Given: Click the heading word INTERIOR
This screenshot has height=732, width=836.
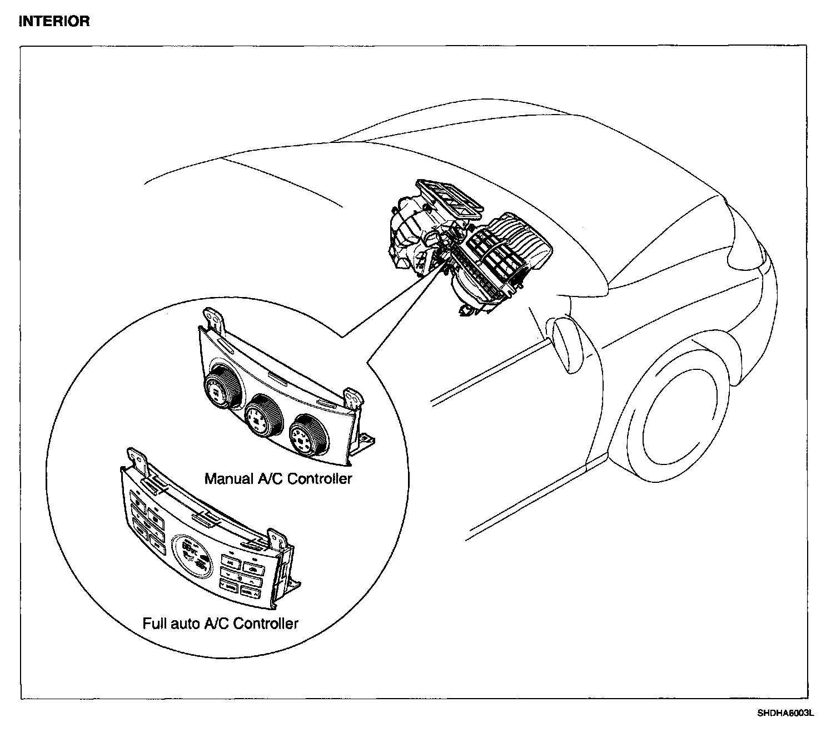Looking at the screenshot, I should (54, 22).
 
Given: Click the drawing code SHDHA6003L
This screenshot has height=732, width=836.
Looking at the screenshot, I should (784, 713).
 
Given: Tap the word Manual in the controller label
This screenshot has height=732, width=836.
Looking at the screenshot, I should (227, 478).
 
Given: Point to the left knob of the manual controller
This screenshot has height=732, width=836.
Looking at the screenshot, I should (222, 387).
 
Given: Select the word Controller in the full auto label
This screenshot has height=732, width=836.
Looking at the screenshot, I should (265, 624).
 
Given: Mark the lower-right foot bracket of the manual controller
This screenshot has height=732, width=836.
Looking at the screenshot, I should (367, 442).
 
